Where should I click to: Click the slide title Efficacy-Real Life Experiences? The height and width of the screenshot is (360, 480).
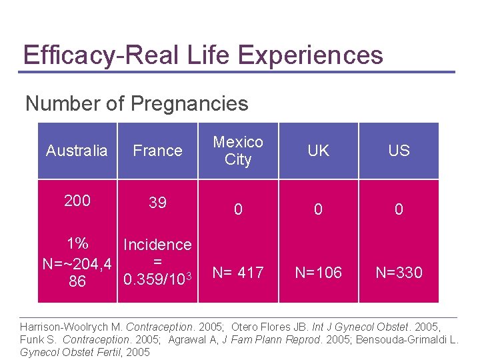(x=203, y=55)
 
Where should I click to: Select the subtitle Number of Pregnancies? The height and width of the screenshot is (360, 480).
(x=137, y=103)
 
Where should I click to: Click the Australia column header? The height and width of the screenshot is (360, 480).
(x=77, y=151)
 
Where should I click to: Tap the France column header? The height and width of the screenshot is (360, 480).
(x=157, y=151)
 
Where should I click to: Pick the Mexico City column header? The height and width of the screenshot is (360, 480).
(x=238, y=151)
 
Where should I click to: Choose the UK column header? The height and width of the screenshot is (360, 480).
(x=318, y=151)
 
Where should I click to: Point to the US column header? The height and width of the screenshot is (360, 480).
(x=399, y=151)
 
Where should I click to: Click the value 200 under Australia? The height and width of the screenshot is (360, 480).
(x=77, y=201)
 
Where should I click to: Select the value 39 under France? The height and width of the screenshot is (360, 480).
(x=157, y=202)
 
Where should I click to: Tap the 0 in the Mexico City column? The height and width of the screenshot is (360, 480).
(x=238, y=210)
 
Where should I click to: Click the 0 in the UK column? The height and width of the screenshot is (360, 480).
(x=318, y=210)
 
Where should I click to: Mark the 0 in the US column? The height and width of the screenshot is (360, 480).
(x=399, y=210)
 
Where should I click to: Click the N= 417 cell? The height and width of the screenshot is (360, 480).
(x=238, y=272)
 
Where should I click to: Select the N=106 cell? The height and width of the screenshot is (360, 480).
(x=318, y=272)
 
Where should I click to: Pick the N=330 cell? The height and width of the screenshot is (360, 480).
(x=399, y=272)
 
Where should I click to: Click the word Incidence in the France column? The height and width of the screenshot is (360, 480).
(x=157, y=245)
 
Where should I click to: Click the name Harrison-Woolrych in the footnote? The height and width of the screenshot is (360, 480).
(x=64, y=327)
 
